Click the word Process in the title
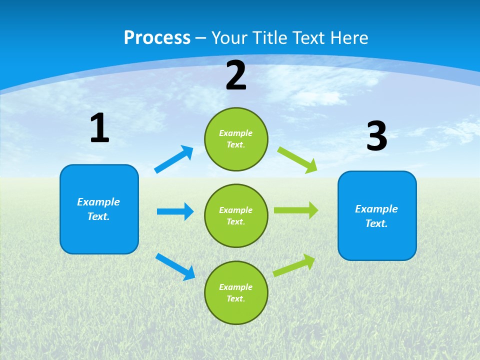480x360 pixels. point(157,38)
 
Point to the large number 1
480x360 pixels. point(99,128)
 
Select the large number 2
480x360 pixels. point(236,75)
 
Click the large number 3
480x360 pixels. point(376,136)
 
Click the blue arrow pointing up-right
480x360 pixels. point(174,159)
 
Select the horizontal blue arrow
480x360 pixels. point(175,211)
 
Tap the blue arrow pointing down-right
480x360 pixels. point(175,266)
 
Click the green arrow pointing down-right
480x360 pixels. point(297,159)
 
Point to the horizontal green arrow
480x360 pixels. point(295,210)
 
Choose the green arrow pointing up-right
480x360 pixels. point(294,265)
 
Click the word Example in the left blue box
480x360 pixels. point(98,202)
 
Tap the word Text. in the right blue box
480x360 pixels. point(376,223)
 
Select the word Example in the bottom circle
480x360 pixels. point(236,287)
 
